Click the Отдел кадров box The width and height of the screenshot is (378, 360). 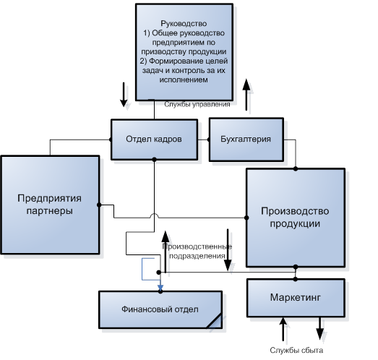[x=154, y=140]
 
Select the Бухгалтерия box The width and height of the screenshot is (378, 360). [x=246, y=140]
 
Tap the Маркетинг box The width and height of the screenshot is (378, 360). [x=296, y=298]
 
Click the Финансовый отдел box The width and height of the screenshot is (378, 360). [x=160, y=309]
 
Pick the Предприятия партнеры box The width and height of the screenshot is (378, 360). [x=50, y=205]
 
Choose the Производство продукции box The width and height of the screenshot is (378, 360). [x=296, y=218]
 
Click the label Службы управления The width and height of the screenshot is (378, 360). [x=197, y=104]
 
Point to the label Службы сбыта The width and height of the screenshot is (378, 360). [x=296, y=350]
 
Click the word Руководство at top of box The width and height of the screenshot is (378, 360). [x=184, y=23]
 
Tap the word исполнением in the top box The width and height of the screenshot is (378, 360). [x=184, y=80]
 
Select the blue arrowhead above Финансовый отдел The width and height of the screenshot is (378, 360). [x=160, y=288]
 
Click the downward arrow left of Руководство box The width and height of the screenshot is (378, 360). [x=124, y=95]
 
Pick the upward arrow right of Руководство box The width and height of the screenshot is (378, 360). [x=246, y=95]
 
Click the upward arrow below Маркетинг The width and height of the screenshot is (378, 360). [x=283, y=329]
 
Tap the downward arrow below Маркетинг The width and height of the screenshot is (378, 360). [x=320, y=329]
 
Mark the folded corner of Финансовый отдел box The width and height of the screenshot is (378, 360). [x=215, y=321]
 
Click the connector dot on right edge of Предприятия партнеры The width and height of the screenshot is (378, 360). [x=99, y=205]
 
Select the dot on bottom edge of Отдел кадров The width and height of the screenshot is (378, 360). [x=154, y=159]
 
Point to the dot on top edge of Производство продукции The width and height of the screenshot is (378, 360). [x=296, y=168]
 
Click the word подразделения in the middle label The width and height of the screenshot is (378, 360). [x=197, y=256]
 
